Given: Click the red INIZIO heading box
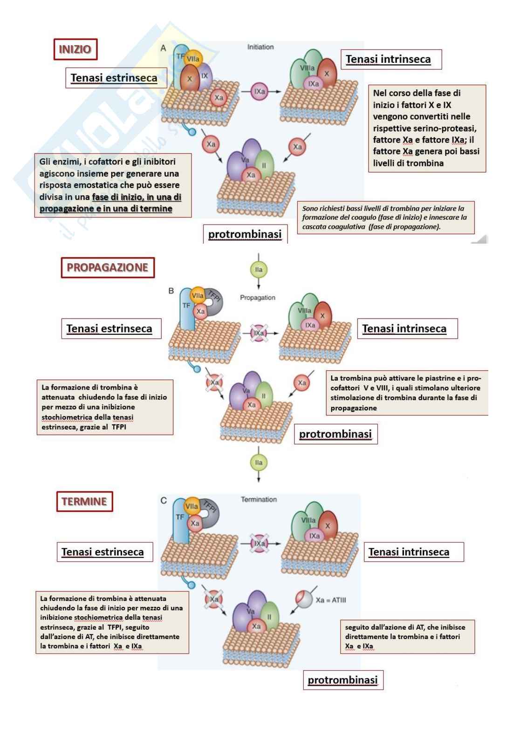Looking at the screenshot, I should pos(75,49).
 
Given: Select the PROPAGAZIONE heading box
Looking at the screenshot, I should pos(108,268).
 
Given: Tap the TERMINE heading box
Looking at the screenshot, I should pos(84,502).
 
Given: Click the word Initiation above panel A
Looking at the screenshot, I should pos(260,47).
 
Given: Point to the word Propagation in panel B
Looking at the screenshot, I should pos(258,298).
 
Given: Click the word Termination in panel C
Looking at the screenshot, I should pos(259,499).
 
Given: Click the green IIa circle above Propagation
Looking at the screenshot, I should pos(259,270).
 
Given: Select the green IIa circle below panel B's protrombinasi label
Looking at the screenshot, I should pos(259,463).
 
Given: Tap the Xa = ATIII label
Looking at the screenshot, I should pos(331,600).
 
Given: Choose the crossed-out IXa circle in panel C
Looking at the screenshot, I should pos(260,544).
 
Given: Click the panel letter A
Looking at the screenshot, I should pos(164,48).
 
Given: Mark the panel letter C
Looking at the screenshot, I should pos(164,501).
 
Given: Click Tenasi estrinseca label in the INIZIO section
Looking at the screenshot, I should pos(114,78).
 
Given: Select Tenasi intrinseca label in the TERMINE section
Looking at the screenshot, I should pos(409,552).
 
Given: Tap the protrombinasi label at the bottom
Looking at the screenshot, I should pos(342,680).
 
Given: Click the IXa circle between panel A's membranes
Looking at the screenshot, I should pos(260,92).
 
